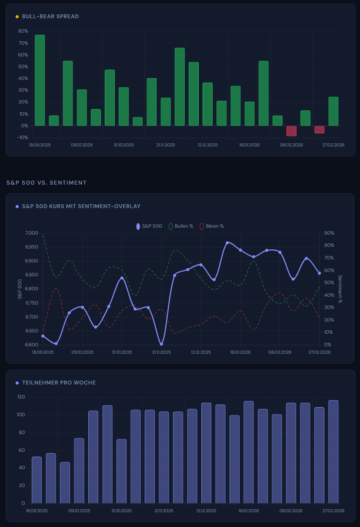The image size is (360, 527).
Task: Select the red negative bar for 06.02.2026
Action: [x=291, y=131]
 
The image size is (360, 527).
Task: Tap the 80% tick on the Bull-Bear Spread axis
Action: [x=23, y=31]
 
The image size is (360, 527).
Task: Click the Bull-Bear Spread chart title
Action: [x=50, y=17]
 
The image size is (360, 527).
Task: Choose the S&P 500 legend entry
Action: [x=150, y=226]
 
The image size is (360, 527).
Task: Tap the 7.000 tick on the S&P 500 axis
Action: [x=32, y=233]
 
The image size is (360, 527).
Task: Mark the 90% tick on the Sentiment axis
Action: [x=330, y=233]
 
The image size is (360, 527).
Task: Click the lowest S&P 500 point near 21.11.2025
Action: [x=161, y=344]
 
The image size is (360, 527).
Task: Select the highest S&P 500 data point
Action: [x=227, y=242]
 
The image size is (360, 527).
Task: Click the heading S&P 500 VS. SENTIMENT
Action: [x=47, y=183]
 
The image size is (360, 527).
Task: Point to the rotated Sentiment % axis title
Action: [x=340, y=289]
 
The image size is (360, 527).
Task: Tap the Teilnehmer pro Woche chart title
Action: [x=59, y=383]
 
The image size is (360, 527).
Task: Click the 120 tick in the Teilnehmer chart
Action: [x=21, y=397]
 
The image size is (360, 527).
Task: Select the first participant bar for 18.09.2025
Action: [x=37, y=480]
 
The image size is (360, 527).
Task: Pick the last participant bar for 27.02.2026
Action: [x=333, y=452]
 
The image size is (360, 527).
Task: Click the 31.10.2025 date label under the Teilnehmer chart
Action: [x=122, y=511]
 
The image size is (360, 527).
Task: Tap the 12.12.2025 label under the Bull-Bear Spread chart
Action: [x=207, y=145]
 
